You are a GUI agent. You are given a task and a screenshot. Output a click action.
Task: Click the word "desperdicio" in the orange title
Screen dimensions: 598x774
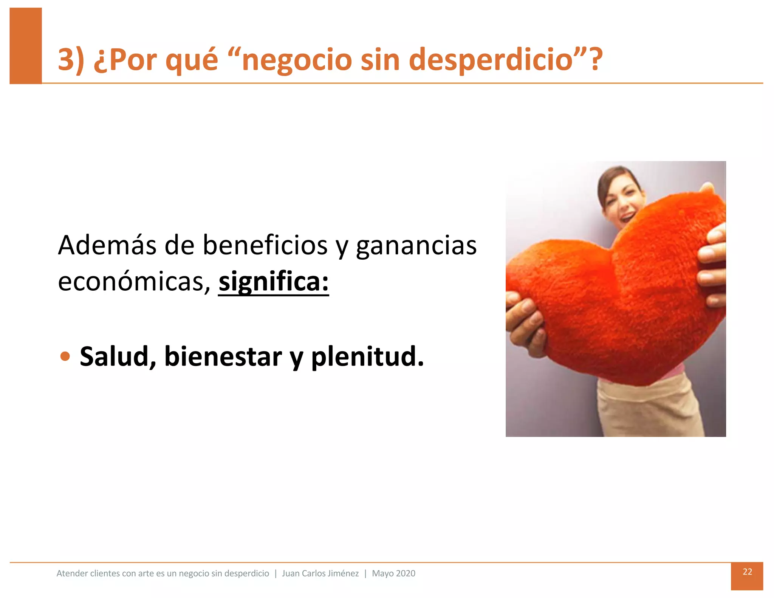click(491, 60)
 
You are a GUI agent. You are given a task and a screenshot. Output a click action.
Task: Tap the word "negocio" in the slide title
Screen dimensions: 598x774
click(297, 60)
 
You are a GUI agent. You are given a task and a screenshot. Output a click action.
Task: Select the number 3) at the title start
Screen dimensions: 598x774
click(71, 60)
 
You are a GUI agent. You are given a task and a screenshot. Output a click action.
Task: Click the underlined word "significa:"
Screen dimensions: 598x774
click(274, 282)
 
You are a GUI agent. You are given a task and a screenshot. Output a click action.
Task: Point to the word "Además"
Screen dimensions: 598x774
click(107, 246)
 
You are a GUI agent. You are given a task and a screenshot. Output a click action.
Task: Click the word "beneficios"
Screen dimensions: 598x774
click(265, 246)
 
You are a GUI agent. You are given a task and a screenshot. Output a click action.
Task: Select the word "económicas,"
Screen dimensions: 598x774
click(134, 282)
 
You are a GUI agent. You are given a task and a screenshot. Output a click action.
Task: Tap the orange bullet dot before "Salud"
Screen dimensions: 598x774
click(65, 356)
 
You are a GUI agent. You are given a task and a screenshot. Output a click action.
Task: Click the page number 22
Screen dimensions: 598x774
click(747, 572)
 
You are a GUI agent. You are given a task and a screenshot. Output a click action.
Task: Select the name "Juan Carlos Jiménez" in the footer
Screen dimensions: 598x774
click(320, 573)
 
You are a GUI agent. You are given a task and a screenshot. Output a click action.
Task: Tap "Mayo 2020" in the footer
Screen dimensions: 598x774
click(393, 573)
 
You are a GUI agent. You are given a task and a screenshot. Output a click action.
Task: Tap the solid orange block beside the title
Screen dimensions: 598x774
click(26, 45)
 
